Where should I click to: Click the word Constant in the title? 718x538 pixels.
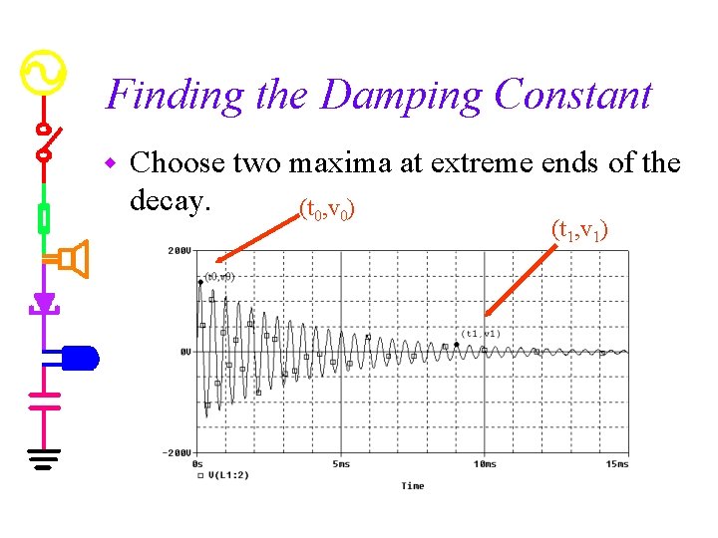click(x=572, y=95)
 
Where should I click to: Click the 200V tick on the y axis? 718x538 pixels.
click(x=179, y=251)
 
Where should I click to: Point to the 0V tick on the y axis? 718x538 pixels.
click(x=184, y=352)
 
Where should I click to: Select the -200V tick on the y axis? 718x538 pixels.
click(x=178, y=452)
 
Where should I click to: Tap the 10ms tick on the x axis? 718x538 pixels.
click(x=484, y=464)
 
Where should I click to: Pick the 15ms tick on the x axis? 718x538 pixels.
click(x=616, y=464)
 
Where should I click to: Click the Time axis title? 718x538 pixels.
click(x=412, y=486)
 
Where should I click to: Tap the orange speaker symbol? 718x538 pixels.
click(x=73, y=259)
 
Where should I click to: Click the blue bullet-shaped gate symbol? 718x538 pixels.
click(x=81, y=358)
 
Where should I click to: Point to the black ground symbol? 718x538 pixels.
click(x=44, y=458)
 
